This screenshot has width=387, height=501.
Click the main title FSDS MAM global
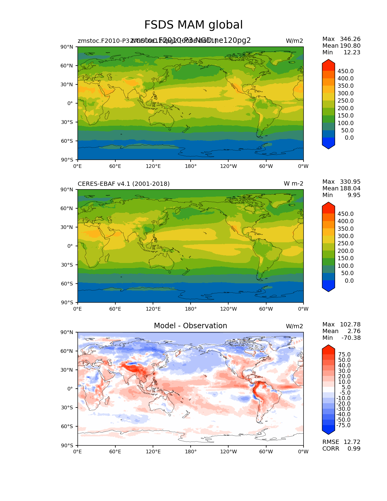[x=193, y=25]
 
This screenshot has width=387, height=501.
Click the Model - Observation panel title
[x=190, y=326]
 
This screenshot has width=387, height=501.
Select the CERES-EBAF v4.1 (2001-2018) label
[x=124, y=184]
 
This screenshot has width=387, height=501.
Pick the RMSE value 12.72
[x=352, y=442]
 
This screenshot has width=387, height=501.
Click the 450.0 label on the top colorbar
[x=345, y=71]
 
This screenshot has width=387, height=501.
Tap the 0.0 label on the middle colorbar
[x=349, y=281]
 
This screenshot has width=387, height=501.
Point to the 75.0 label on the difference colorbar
[x=344, y=354]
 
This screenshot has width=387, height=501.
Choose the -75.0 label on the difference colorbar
[x=343, y=425]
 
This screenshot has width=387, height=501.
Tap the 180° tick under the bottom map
[x=191, y=452]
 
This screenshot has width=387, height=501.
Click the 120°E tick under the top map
[x=153, y=166]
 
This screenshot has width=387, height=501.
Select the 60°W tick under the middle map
[x=266, y=309]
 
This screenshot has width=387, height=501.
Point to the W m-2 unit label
[x=293, y=184]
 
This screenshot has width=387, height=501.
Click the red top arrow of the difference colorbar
[x=328, y=349]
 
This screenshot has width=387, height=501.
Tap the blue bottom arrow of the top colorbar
[x=328, y=144]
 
